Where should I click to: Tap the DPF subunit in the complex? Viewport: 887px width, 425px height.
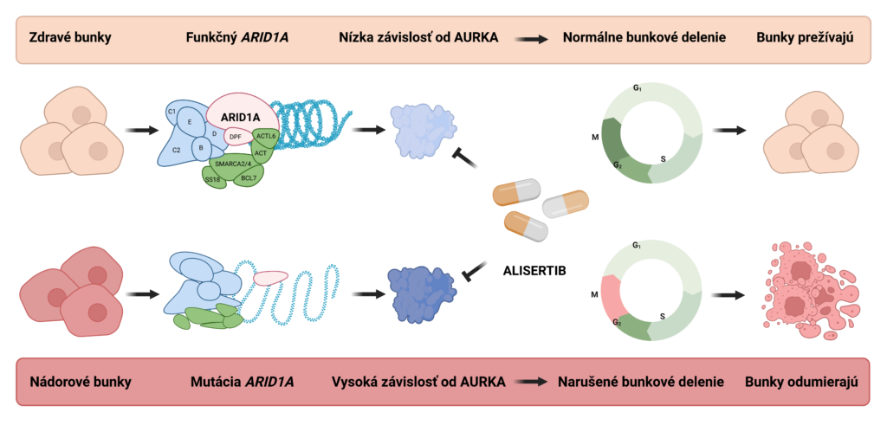[236, 137]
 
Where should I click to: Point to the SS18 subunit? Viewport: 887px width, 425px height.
[213, 179]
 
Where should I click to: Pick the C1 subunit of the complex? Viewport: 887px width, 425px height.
[172, 112]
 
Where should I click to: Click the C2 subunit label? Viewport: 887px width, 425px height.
[176, 150]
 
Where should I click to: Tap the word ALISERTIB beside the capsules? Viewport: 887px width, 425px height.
[534, 269]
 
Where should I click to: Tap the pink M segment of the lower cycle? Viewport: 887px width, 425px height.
[613, 297]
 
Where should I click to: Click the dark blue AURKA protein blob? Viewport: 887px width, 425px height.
[423, 293]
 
